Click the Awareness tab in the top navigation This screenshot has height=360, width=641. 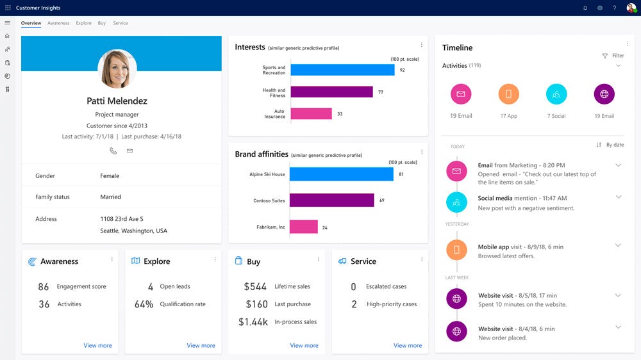tap(58, 23)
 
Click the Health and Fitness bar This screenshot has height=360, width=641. tap(331, 92)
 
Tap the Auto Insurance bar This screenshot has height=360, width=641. tap(311, 114)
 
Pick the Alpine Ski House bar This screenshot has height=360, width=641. tap(341, 174)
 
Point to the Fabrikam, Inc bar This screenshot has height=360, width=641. tap(303, 227)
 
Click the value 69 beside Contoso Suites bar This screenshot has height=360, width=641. tap(382, 200)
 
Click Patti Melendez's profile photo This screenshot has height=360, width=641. tap(117, 69)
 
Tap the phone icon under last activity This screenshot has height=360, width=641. tap(113, 151)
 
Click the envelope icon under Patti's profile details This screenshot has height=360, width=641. tap(129, 151)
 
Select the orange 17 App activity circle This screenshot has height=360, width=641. tap(508, 94)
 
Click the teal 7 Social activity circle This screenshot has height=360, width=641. tap(556, 94)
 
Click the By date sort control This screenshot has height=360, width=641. tap(610, 145)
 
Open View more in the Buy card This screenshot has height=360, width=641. tap(304, 345)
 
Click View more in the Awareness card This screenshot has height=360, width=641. tap(97, 345)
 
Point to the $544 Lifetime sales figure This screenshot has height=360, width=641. tap(255, 286)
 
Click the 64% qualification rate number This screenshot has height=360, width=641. tap(144, 304)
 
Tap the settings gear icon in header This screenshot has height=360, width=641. tap(600, 8)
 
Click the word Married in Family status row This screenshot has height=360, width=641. tap(110, 197)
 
